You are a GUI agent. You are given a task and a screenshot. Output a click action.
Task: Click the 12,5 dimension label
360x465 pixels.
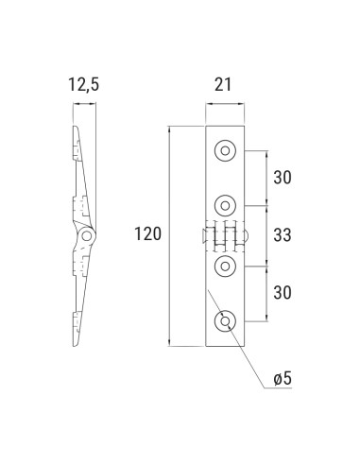[83, 86]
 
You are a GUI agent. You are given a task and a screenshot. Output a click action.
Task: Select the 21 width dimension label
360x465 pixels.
[224, 86]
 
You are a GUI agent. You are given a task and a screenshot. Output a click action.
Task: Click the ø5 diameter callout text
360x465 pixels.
[283, 378]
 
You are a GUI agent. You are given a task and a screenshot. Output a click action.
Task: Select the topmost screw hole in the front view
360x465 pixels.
[225, 149]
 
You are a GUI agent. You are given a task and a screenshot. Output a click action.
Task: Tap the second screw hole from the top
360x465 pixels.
[225, 202]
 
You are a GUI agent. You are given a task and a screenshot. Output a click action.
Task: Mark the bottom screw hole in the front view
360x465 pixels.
[225, 322]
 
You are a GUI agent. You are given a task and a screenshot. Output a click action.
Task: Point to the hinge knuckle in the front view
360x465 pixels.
[225, 235]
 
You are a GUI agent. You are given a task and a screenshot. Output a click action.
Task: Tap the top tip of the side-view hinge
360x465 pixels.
[75, 127]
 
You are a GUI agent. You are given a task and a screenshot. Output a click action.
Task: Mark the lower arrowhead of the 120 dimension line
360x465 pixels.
[169, 341]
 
